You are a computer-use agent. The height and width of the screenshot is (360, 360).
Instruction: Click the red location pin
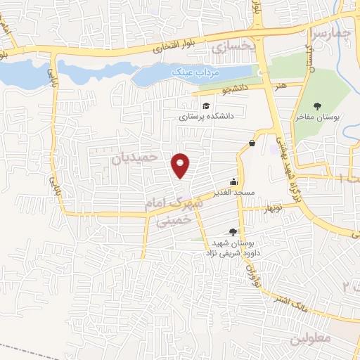[181, 165]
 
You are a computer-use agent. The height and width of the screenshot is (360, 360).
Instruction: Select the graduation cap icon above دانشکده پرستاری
[206, 106]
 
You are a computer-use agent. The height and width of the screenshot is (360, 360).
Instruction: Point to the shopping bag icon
[252, 143]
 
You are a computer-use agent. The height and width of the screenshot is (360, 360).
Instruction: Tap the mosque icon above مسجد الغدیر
[233, 181]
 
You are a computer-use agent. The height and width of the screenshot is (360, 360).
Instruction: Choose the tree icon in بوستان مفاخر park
[319, 106]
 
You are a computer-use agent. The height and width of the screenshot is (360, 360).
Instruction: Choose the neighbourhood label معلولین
[309, 337]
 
